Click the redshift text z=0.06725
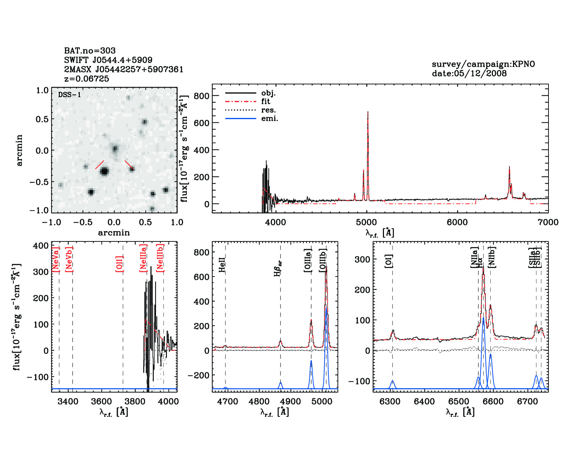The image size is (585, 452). point(87,79)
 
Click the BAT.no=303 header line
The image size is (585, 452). point(90,51)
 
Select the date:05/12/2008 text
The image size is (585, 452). point(469,73)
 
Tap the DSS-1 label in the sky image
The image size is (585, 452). point(69,95)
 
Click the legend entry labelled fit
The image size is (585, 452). point(266,101)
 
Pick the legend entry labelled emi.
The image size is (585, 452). point(269,118)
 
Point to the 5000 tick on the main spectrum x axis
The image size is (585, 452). point(366,222)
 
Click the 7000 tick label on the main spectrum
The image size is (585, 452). point(548,222)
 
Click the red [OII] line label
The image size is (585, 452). point(119,264)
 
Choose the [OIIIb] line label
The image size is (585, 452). point(323,260)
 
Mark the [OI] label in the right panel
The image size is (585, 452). point(389,261)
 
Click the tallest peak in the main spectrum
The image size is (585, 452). point(368,113)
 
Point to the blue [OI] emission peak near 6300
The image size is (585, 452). point(392,381)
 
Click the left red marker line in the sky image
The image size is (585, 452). point(100,165)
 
